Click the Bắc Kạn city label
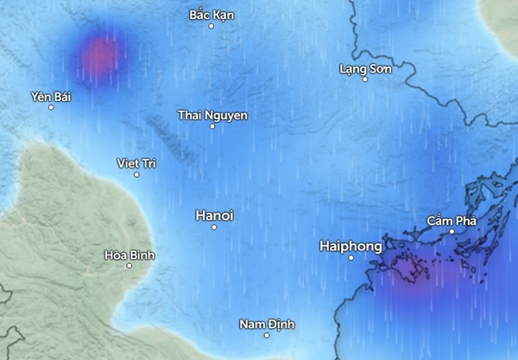pyautogui.click(x=212, y=15)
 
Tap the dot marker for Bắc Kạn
pyautogui.click(x=212, y=26)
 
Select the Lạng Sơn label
pyautogui.click(x=364, y=67)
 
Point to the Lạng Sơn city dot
pyautogui.click(x=364, y=79)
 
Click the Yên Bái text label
pyautogui.click(x=50, y=96)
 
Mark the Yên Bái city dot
pyautogui.click(x=51, y=107)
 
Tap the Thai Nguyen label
pyautogui.click(x=212, y=115)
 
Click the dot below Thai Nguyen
pyautogui.click(x=212, y=126)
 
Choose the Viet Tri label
pyautogui.click(x=136, y=163)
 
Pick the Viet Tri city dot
pyautogui.click(x=136, y=174)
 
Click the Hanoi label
pyautogui.click(x=215, y=214)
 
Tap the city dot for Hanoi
pyautogui.click(x=214, y=227)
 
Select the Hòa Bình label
pyautogui.click(x=129, y=255)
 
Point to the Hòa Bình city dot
pyautogui.click(x=129, y=266)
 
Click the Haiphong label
pyautogui.click(x=351, y=246)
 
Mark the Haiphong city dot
pyautogui.click(x=351, y=257)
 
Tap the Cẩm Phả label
pyautogui.click(x=452, y=221)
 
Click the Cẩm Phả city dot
pyautogui.click(x=452, y=231)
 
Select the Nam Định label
pyautogui.click(x=267, y=324)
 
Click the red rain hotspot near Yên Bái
pyautogui.click(x=101, y=54)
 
